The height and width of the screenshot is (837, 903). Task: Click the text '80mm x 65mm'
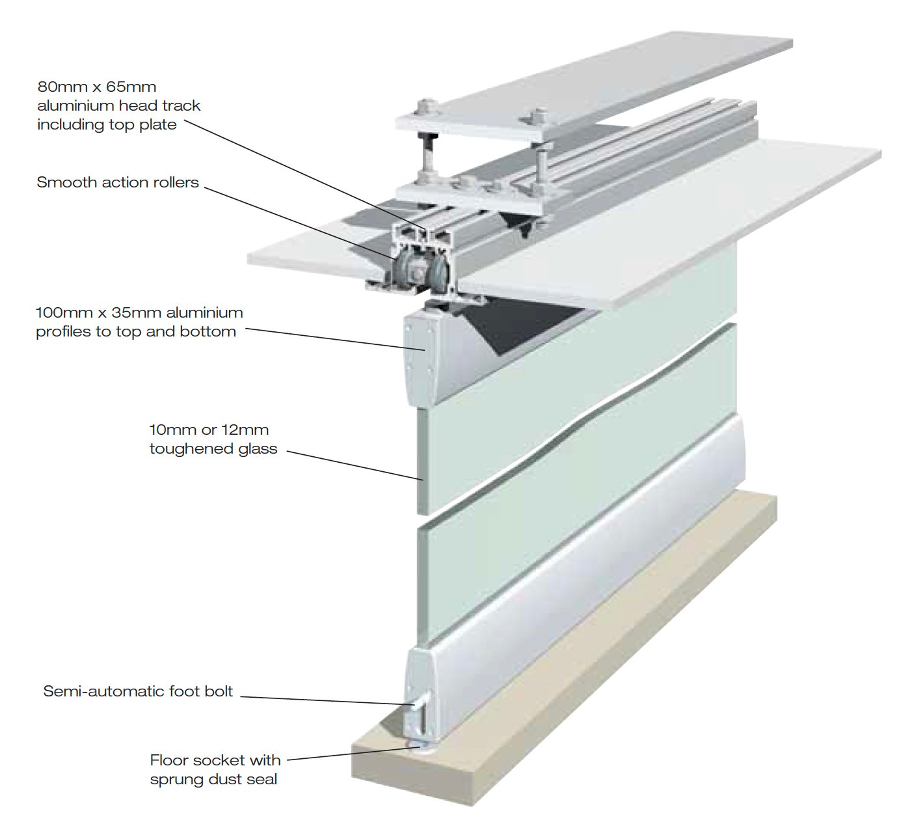96,87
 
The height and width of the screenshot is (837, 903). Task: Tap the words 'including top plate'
107,125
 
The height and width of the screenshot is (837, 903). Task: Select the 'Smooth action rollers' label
118,182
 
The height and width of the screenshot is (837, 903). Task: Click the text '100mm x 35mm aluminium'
139,312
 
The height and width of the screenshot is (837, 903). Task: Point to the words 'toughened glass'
213,449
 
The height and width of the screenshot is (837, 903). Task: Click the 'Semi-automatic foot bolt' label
138,691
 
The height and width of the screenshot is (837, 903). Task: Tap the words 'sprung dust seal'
213,779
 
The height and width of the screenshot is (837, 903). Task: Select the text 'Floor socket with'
215,760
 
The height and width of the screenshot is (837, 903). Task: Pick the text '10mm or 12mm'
209,430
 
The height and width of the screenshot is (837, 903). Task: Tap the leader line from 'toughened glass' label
355,466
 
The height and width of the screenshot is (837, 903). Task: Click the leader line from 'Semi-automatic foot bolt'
327,700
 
